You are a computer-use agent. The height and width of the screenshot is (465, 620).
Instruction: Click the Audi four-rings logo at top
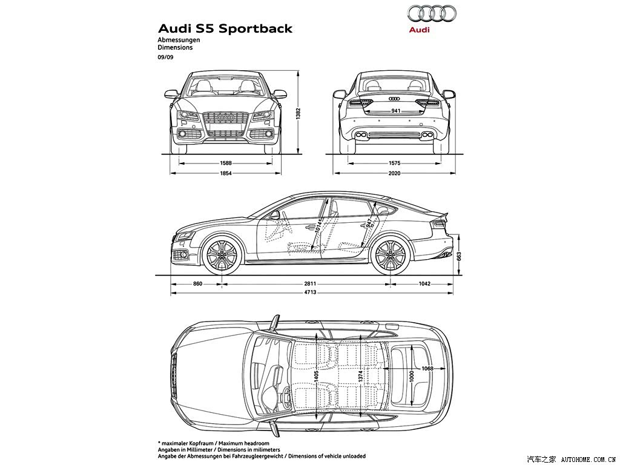tap(431, 13)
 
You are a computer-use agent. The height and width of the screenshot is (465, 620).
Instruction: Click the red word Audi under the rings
tap(419, 30)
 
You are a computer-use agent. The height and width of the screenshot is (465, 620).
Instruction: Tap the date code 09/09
tap(165, 57)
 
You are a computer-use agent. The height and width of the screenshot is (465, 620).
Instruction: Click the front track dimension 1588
tap(226, 162)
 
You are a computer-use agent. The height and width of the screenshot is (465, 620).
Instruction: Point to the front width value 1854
tap(226, 173)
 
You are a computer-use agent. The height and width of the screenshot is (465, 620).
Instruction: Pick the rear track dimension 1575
tap(394, 162)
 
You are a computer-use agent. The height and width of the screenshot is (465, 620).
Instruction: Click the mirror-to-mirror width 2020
tap(394, 173)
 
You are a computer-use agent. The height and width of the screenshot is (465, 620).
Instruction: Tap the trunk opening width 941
tap(396, 111)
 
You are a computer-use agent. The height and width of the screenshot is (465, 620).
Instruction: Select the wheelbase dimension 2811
tap(310, 283)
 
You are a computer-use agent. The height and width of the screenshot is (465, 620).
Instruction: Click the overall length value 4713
tap(310, 292)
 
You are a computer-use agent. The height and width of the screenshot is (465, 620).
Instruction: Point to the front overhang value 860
tap(198, 283)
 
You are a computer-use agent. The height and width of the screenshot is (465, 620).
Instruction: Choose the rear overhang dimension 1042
tap(424, 283)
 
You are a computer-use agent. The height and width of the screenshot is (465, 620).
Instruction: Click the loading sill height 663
tap(459, 256)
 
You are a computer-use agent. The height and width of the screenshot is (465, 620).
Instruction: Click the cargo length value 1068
tap(427, 369)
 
